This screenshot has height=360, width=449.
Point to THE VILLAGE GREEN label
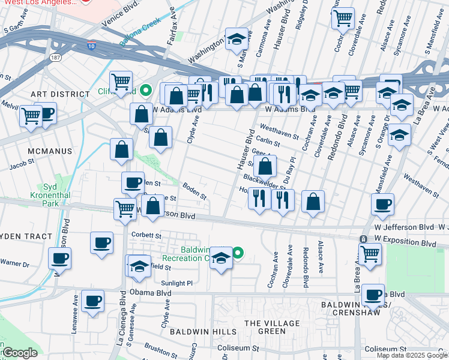(x=264, y=327)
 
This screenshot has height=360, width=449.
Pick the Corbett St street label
(x=146, y=236)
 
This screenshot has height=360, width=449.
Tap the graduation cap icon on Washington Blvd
(x=237, y=39)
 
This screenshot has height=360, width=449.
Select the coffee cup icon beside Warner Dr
(x=59, y=259)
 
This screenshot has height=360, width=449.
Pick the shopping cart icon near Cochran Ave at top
(x=342, y=17)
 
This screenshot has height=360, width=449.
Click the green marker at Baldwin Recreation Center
(x=238, y=253)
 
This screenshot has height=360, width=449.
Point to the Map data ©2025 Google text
(x=411, y=355)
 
